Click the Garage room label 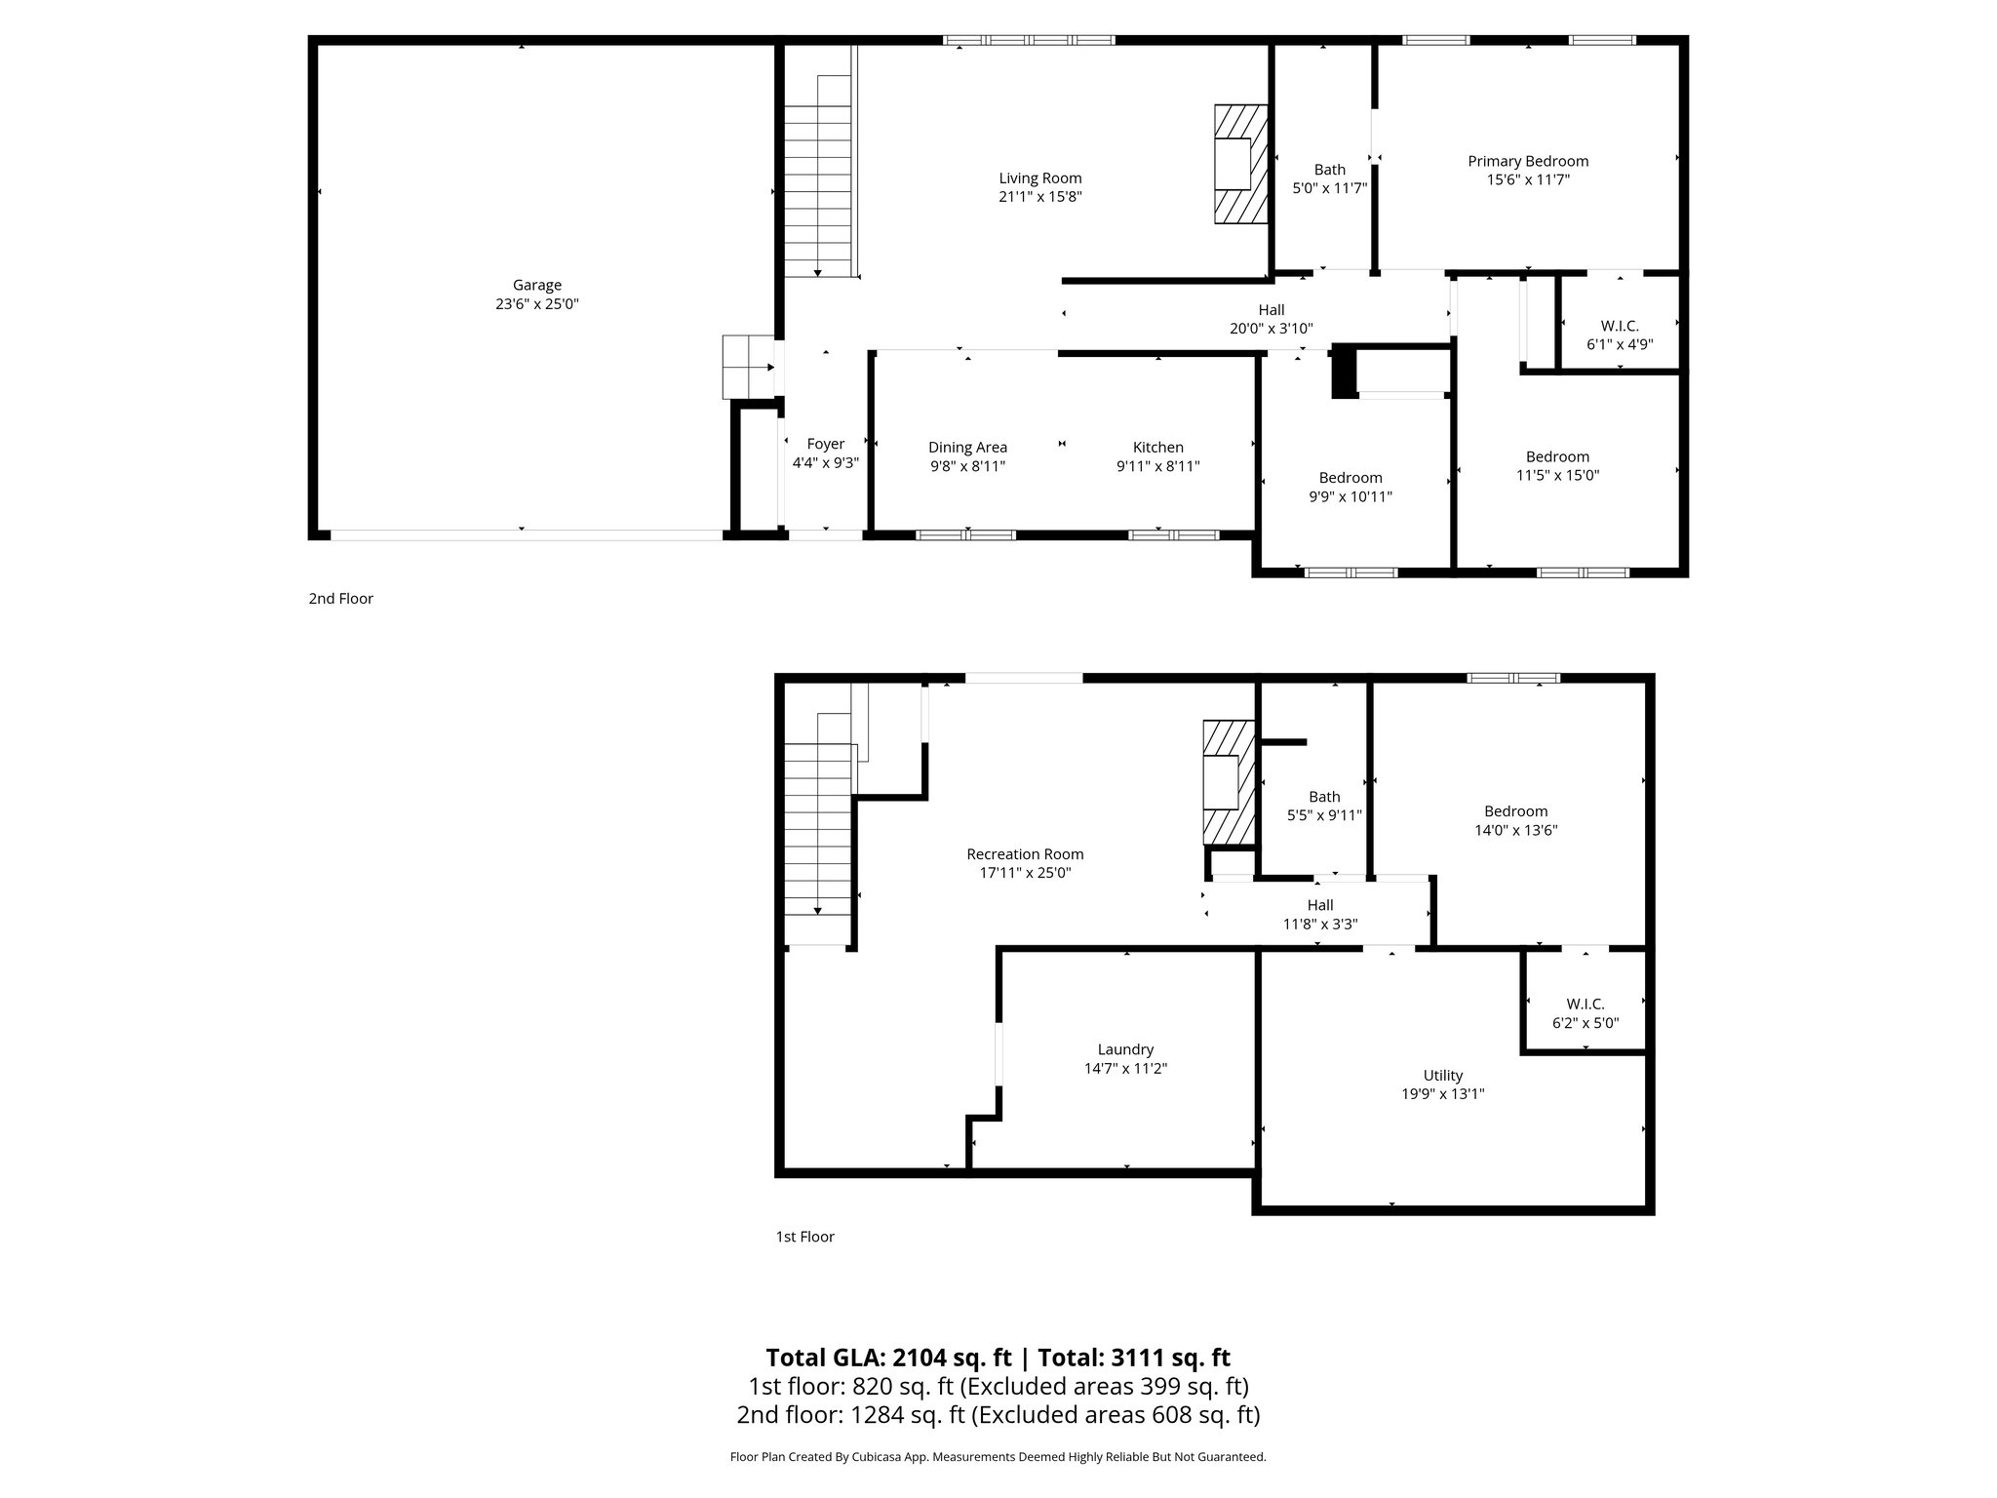[x=536, y=285]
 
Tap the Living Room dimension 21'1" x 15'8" [x=1040, y=197]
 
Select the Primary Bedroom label [x=1528, y=161]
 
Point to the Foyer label [x=825, y=444]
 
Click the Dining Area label [x=967, y=448]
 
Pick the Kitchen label [x=1157, y=448]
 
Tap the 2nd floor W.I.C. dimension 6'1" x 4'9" [x=1620, y=344]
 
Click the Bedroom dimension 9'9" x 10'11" [x=1351, y=496]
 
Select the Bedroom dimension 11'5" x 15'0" [x=1557, y=476]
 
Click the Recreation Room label [x=1025, y=854]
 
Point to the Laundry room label [x=1125, y=1049]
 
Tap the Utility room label [x=1442, y=1076]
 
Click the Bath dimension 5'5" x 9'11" [x=1324, y=816]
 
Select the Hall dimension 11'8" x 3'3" [x=1319, y=925]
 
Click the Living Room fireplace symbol [x=1239, y=164]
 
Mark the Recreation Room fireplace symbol [x=1228, y=782]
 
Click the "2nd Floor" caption [x=340, y=599]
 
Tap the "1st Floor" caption [x=804, y=1237]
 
